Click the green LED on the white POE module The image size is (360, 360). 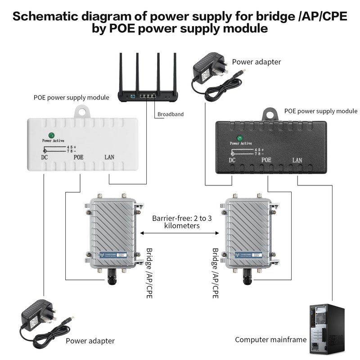point(52,135)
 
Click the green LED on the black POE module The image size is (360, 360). point(239,138)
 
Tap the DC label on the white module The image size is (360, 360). point(45,157)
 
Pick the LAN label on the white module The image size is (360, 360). point(109,157)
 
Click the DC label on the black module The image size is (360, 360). point(232,160)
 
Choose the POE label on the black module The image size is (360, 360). point(266,160)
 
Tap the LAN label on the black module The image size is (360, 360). point(297,160)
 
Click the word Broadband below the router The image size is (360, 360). point(171,114)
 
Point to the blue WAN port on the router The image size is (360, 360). point(134,96)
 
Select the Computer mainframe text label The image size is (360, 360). point(270,340)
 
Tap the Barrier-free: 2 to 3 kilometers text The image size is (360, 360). point(182,222)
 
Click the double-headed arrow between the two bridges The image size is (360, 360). point(180,234)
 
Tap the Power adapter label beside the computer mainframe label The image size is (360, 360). point(90,341)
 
